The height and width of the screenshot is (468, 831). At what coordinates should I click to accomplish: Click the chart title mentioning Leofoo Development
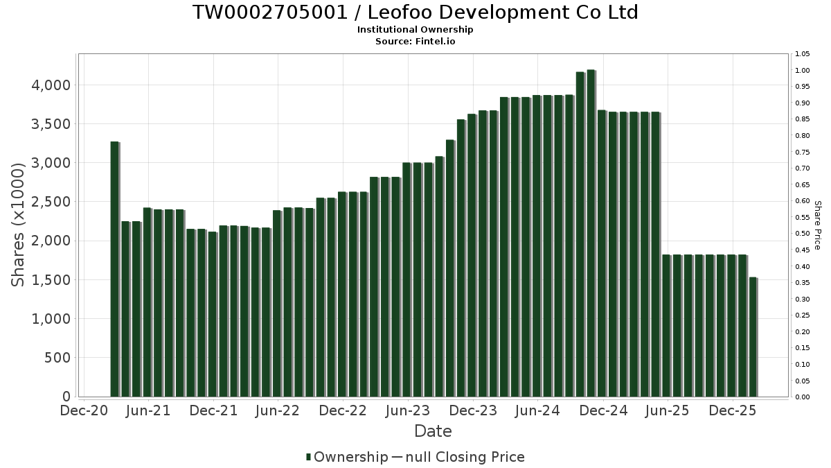(x=415, y=12)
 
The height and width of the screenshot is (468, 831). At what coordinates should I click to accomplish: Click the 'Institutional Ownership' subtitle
(x=415, y=30)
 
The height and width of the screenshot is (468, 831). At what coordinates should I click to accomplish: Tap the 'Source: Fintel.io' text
(x=415, y=41)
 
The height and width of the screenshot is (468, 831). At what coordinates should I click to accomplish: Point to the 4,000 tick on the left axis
(x=49, y=85)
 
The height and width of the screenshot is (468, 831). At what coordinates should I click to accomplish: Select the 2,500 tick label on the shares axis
(x=49, y=202)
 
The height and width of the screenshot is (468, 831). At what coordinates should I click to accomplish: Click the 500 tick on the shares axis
(x=55, y=358)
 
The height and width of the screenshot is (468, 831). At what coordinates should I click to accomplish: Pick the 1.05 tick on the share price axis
(x=802, y=54)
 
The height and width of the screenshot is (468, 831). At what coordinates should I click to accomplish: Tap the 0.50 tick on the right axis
(x=802, y=234)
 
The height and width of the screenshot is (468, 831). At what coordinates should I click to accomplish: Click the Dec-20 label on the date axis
(x=84, y=410)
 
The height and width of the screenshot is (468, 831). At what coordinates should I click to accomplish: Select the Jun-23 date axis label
(x=408, y=410)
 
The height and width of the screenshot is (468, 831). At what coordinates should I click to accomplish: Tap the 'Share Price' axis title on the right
(x=818, y=225)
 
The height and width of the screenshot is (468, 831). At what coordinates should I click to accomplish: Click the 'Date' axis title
(x=433, y=431)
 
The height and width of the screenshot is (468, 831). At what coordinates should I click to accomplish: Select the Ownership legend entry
(x=347, y=457)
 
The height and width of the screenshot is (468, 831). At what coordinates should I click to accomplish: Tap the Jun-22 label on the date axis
(x=278, y=410)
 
